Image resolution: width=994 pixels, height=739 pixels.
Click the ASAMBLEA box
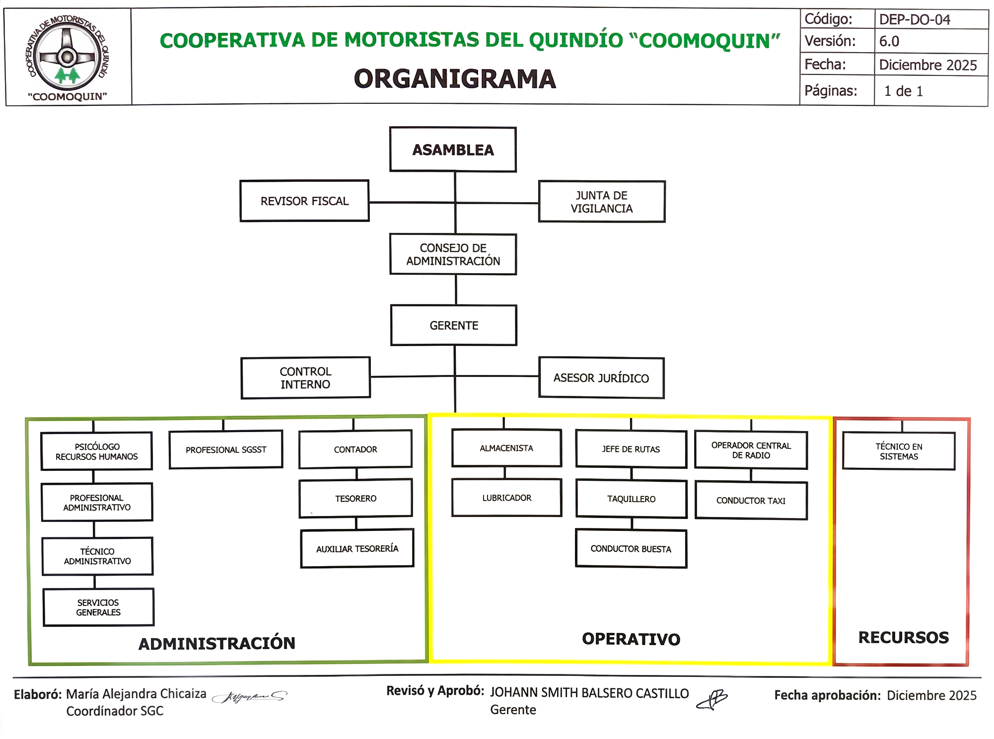click(x=453, y=149)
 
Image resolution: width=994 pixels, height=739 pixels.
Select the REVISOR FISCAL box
click(x=304, y=201)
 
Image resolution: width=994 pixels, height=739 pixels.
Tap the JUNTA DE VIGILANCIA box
click(x=601, y=202)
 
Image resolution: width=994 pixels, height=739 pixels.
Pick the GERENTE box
click(x=454, y=325)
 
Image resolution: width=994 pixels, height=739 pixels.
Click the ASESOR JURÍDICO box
click(x=601, y=378)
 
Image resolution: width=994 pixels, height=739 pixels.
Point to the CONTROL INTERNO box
click(x=305, y=378)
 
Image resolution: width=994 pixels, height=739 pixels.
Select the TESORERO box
click(x=355, y=498)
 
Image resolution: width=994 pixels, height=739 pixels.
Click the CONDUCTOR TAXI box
click(x=751, y=501)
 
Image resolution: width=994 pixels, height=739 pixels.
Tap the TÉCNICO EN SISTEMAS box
click(x=899, y=451)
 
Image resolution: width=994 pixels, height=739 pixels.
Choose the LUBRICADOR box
click(x=506, y=498)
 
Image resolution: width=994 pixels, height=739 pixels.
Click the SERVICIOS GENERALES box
click(x=98, y=607)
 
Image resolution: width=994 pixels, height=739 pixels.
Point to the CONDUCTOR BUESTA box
click(x=631, y=549)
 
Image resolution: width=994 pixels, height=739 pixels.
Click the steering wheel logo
click(x=68, y=56)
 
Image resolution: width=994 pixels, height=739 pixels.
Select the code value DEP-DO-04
click(x=915, y=19)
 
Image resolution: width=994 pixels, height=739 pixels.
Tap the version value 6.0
click(x=889, y=41)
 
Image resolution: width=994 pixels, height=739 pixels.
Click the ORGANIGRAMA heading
click(x=455, y=79)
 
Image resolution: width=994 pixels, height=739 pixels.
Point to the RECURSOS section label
click(x=903, y=637)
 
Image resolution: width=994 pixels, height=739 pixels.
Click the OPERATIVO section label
click(x=631, y=639)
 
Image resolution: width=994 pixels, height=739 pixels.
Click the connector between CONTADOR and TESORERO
click(x=356, y=474)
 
